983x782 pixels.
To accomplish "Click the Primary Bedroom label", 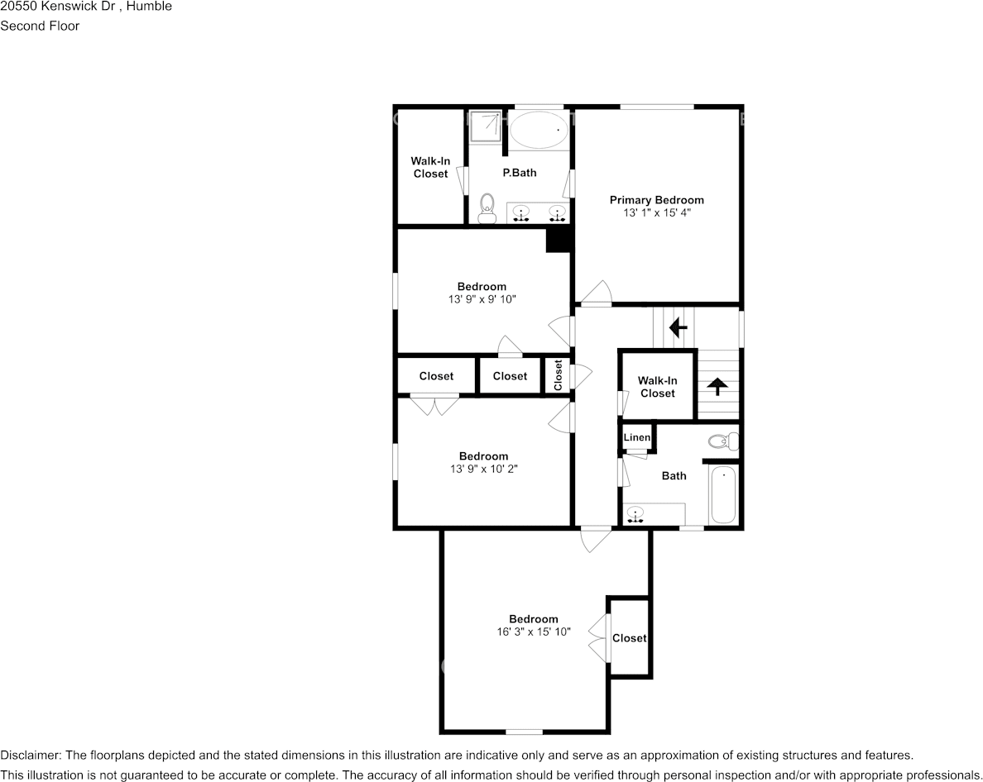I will point(656,200).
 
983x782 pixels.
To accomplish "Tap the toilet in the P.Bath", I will point(487,207).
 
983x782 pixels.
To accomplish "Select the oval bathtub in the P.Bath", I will point(539,130).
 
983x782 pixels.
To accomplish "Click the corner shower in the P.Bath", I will point(486,126).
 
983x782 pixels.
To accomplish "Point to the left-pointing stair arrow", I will point(678,328).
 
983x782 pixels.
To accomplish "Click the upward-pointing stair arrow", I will point(717,385).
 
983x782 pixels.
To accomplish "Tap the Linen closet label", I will point(636,437).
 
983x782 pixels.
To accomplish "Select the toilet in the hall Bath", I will point(722,441).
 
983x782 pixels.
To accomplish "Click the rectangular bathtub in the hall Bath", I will point(722,495).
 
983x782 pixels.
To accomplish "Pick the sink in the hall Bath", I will point(635,514).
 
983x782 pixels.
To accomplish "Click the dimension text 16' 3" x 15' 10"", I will point(533,632).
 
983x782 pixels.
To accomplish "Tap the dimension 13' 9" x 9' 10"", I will point(482,300).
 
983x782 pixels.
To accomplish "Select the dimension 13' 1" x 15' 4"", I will point(656,213).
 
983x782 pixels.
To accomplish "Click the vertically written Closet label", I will point(559,375).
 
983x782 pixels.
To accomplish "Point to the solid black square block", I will point(559,239).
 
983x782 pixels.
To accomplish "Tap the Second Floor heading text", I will point(40,26).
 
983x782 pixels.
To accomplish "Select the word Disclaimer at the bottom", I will point(30,756).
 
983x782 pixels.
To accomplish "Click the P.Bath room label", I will point(520,173).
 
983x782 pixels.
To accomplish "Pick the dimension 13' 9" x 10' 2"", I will point(483,470).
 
